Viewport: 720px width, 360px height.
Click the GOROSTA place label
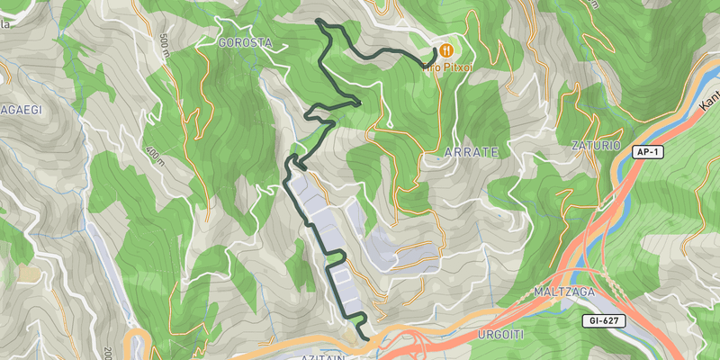point(245,42)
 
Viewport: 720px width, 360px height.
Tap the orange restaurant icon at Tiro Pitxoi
point(445,49)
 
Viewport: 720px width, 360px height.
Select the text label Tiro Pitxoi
point(447,67)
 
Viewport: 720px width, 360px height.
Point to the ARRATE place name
point(471,153)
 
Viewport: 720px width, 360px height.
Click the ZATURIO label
point(596,144)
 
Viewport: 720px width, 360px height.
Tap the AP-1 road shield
point(646,152)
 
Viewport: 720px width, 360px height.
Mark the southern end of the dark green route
point(367,338)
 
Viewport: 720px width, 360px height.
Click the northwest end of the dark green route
point(318,20)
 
